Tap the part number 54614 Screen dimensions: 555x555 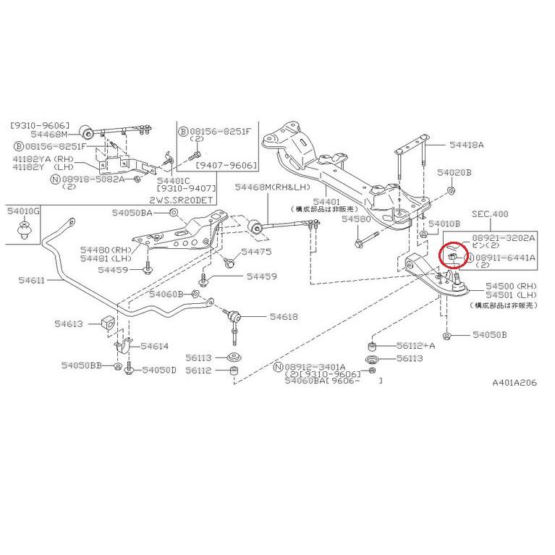click(x=154, y=347)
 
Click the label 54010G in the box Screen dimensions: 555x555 click(x=24, y=211)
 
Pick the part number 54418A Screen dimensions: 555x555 click(x=466, y=145)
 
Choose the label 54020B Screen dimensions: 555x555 click(x=454, y=173)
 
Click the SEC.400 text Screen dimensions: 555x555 click(x=490, y=214)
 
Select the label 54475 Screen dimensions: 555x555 click(x=256, y=252)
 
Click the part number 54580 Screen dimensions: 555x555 click(x=356, y=219)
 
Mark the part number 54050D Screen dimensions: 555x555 click(x=158, y=370)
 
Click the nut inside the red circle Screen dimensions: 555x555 click(x=450, y=256)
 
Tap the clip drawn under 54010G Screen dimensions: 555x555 click(x=24, y=231)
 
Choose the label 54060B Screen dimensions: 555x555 click(x=166, y=294)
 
